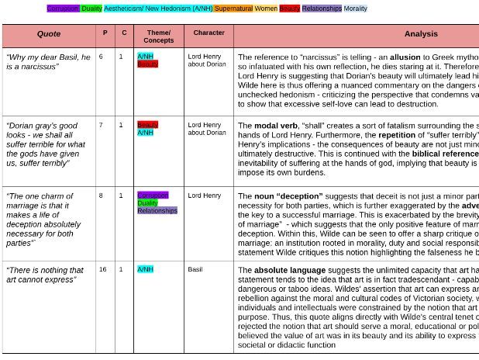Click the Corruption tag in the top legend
coord(63,9)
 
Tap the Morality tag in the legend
coord(356,9)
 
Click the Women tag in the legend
coord(266,9)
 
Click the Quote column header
coord(49,34)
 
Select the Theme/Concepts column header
coord(158,36)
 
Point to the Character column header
coord(208,33)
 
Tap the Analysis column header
coord(421,34)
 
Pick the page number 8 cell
coord(101,196)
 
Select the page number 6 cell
coord(101,57)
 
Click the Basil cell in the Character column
coord(195,270)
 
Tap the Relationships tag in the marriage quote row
coord(157,211)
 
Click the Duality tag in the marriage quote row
coord(147,203)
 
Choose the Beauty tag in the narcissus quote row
coord(147,64)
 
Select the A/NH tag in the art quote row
coord(145,270)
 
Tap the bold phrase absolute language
coord(288,270)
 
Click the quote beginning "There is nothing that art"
coord(45,275)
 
